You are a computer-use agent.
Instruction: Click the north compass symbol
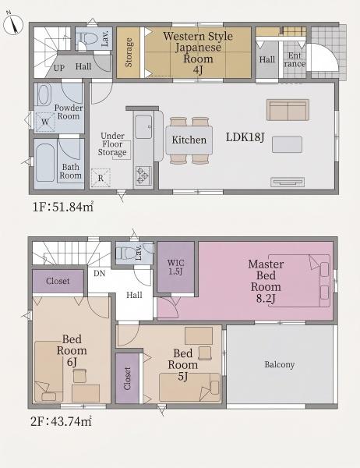coord(12,23)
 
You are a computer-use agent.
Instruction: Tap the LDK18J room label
coord(245,137)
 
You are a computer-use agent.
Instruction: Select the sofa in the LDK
coord(288,110)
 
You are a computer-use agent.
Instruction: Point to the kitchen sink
coord(143,126)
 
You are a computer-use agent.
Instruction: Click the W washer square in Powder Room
coord(45,122)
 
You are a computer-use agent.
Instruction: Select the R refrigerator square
coord(101,178)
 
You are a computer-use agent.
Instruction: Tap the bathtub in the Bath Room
coord(45,163)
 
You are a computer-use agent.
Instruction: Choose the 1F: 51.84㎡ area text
coord(63,207)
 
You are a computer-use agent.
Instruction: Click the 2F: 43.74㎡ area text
coord(61,421)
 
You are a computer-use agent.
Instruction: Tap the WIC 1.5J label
coord(175,267)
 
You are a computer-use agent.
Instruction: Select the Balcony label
coord(280,364)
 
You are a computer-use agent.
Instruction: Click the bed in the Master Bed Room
coord(299,281)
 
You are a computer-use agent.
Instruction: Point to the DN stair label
coord(99,273)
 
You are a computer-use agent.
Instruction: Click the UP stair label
coord(59,68)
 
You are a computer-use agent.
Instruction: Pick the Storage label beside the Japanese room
coord(129,52)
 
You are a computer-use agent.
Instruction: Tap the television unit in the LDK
coord(288,182)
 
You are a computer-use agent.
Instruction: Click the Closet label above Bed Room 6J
coord(58,281)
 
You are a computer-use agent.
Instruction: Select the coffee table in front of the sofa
coord(287,144)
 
